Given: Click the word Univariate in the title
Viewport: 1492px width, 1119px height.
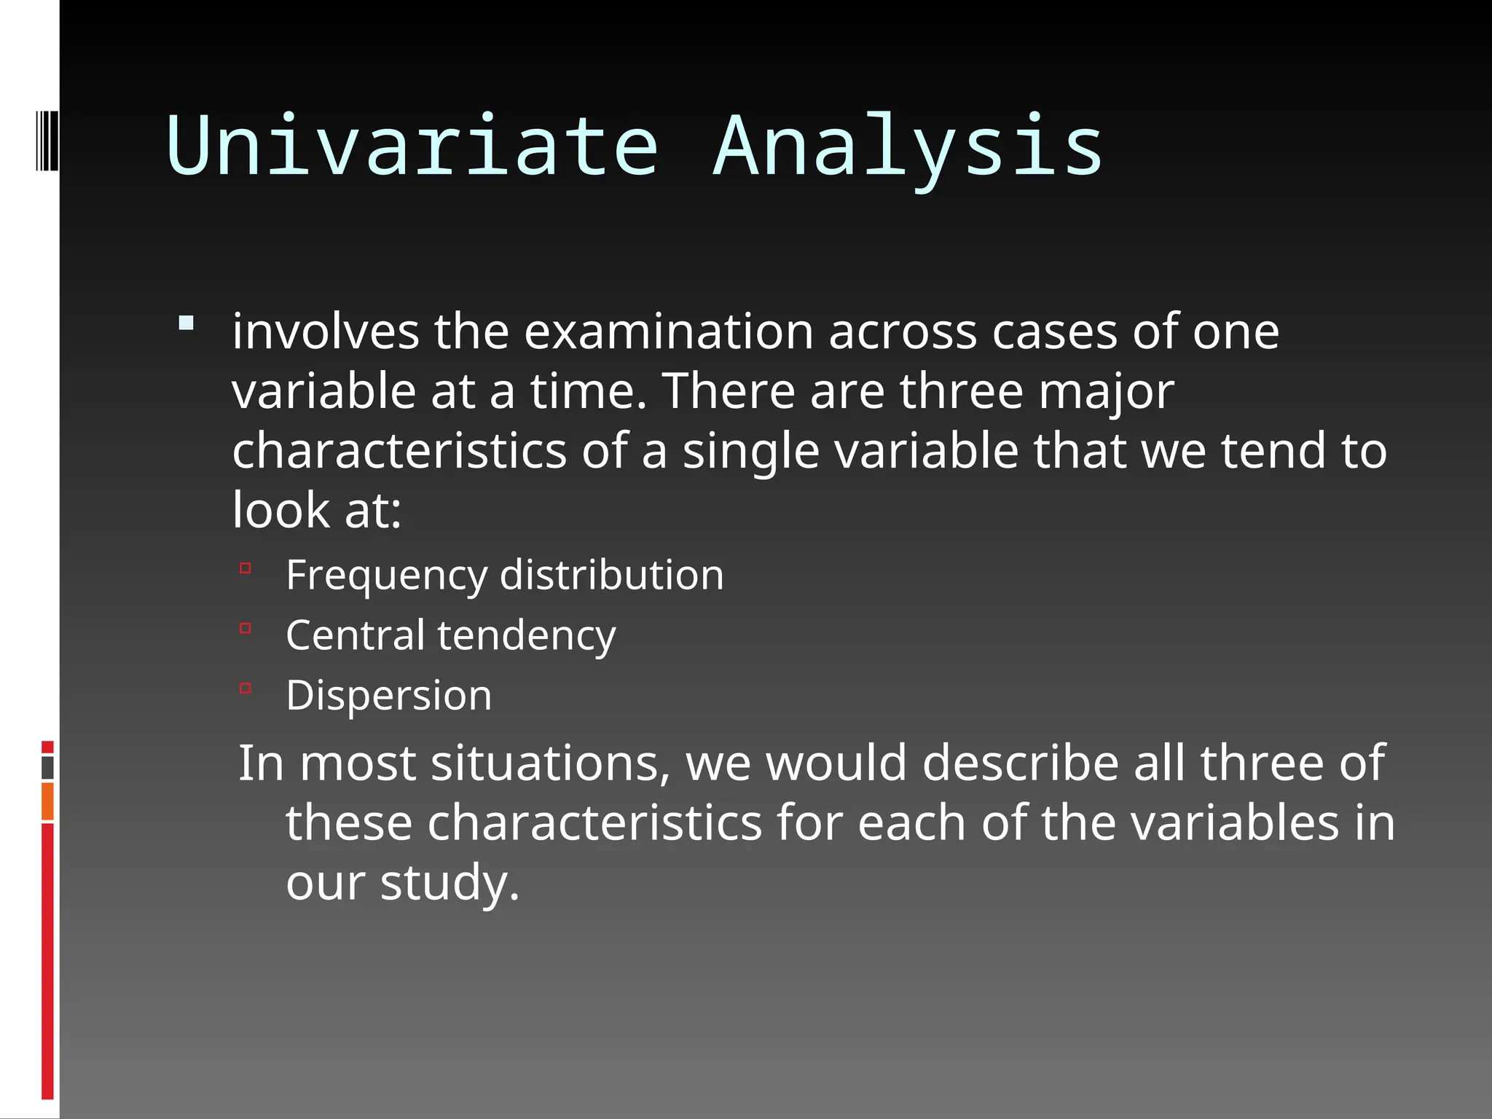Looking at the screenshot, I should pos(412,146).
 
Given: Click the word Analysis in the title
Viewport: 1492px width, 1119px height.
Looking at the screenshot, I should pos(907,146).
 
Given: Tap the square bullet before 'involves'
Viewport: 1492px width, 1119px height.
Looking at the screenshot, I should pos(186,323).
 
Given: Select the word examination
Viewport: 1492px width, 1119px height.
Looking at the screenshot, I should pos(668,332).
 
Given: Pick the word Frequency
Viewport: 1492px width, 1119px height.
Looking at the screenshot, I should pos(385,576).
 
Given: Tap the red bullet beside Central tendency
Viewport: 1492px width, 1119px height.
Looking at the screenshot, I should pos(246,628).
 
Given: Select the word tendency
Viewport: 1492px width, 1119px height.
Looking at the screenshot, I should pos(526,635).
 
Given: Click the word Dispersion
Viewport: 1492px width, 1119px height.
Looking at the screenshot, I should pos(388,696).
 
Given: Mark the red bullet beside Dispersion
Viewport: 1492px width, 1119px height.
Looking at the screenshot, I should pos(246,688).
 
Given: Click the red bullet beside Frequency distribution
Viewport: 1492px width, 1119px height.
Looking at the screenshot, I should pos(246,568).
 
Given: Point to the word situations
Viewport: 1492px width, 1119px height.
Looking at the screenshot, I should pos(550,763).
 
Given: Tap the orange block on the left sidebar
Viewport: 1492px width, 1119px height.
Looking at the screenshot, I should pos(47,801).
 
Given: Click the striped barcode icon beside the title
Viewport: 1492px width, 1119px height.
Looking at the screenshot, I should pos(47,140).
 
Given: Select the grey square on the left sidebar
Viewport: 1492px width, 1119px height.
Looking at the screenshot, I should pos(47,767).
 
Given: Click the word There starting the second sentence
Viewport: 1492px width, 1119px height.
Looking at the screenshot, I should pos(729,392).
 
